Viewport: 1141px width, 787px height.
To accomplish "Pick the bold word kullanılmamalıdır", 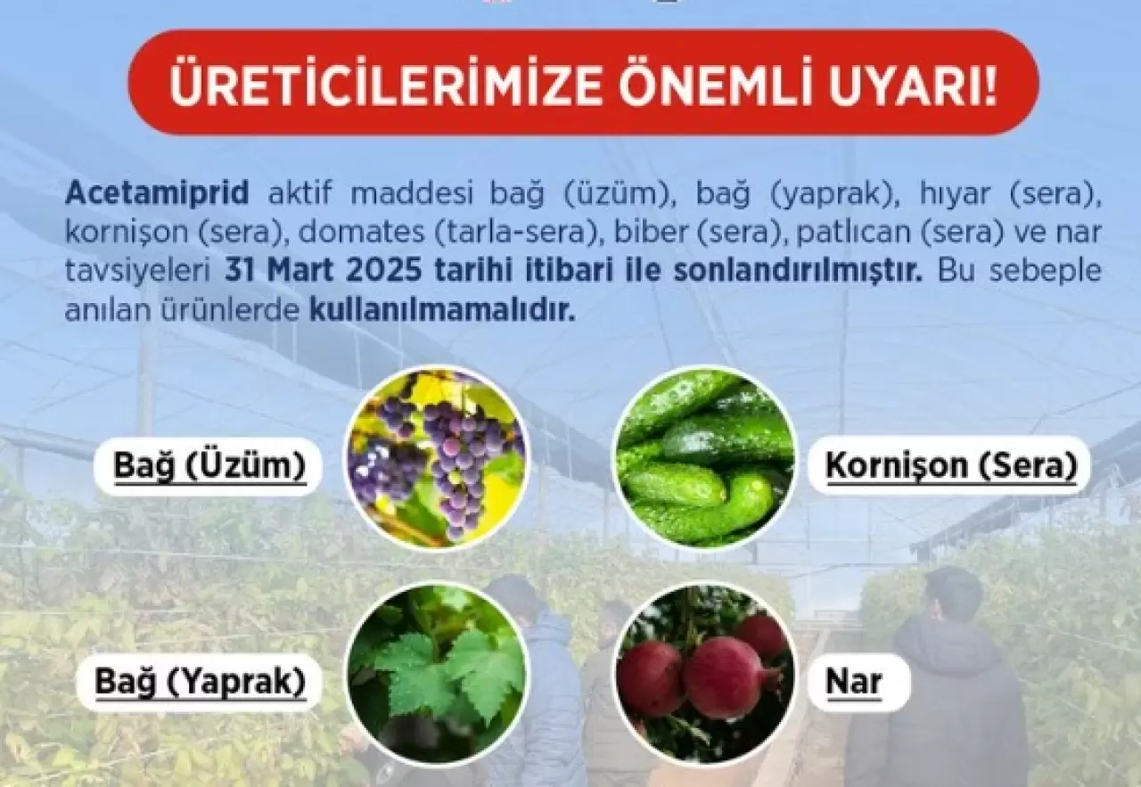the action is (x=442, y=310).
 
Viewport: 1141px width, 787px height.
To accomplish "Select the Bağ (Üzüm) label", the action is (x=209, y=466).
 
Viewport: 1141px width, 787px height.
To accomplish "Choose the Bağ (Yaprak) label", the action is (x=200, y=682).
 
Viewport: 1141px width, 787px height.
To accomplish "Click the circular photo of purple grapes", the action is (x=437, y=458).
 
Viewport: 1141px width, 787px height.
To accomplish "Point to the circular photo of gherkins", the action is (x=705, y=457).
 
